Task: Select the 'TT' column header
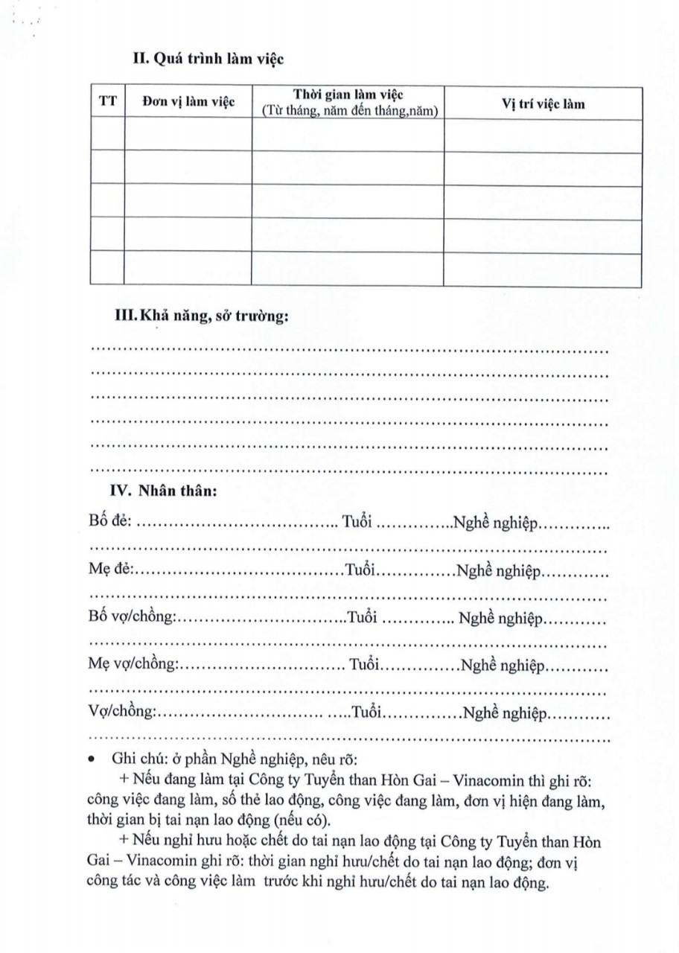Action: click(107, 103)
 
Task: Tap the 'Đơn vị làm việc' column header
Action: click(188, 103)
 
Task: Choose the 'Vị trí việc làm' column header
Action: click(543, 104)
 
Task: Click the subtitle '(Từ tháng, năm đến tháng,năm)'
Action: click(348, 112)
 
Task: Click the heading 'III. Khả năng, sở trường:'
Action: click(199, 318)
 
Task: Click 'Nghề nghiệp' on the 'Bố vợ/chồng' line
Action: click(500, 619)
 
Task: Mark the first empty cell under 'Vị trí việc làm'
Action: click(543, 136)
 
